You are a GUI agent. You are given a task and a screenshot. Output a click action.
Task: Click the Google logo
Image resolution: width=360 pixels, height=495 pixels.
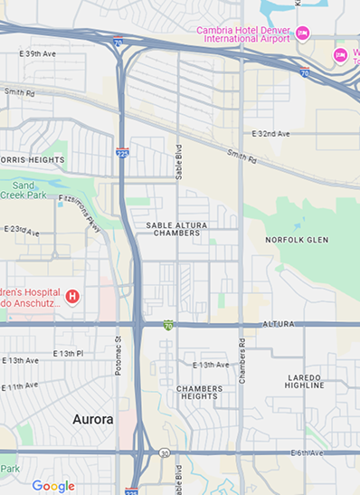(53, 486)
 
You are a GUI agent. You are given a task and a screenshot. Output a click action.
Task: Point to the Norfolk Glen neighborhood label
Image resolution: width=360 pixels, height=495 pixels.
(297, 240)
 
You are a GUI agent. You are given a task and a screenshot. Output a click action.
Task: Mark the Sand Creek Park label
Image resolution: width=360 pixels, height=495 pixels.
(24, 190)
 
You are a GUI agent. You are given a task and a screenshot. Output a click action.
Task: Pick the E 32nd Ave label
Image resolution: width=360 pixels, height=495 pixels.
(270, 134)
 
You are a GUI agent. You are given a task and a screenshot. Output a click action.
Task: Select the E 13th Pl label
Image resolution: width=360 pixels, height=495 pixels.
(68, 353)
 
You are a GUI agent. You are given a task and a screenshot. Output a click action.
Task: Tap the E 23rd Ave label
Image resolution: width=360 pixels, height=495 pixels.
(22, 232)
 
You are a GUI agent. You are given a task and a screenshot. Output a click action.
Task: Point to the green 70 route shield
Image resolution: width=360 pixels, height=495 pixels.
(168, 325)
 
